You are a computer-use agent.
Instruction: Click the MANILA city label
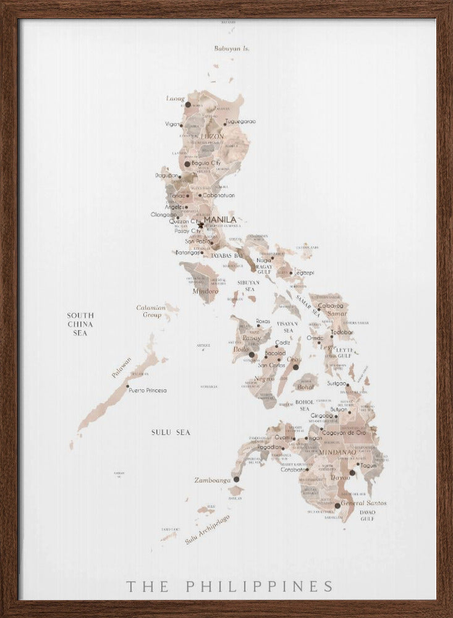coord(220,219)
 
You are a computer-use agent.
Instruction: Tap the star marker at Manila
coord(201,225)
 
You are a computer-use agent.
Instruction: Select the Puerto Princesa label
coord(148,391)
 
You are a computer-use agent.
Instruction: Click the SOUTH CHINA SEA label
coord(80,324)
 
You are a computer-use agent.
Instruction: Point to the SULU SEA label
coord(171,433)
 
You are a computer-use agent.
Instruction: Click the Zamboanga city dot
coord(236,479)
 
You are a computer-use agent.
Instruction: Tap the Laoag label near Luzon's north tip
coord(176,98)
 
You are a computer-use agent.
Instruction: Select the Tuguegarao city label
coord(240,122)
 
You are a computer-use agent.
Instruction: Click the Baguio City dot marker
coord(187,164)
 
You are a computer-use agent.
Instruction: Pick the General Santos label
coord(364,503)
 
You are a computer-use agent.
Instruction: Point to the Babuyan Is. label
coord(232,48)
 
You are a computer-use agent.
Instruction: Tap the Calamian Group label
coord(151,311)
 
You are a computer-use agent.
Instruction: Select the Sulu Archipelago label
coord(206,530)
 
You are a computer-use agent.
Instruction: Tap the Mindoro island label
coord(205,290)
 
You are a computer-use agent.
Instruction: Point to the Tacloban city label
coord(342,332)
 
